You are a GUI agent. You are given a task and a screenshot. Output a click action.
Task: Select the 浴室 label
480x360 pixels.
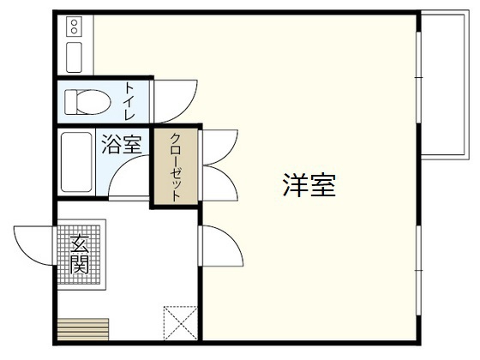click(122, 144)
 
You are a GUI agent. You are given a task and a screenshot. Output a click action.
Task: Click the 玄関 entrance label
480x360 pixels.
click(80, 255)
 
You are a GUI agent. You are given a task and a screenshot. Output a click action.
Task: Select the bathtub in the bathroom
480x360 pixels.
click(76, 163)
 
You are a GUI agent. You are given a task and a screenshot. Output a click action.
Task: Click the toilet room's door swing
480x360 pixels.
click(173, 101)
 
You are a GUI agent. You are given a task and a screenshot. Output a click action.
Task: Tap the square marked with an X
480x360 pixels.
click(181, 323)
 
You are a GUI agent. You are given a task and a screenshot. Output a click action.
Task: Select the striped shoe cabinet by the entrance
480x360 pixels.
click(82, 330)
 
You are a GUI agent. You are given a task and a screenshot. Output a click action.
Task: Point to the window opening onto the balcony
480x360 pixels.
click(419, 86)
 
